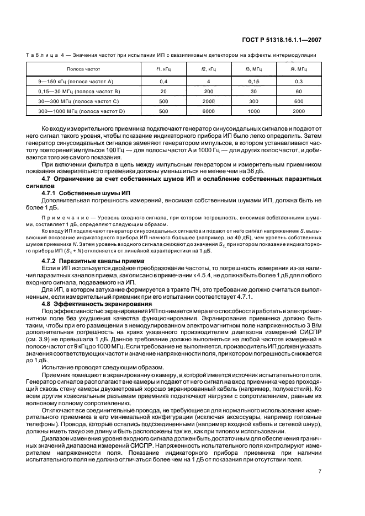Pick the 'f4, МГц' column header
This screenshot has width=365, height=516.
point(298,69)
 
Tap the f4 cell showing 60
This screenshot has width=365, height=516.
point(298,91)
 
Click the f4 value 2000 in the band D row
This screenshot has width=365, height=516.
point(298,110)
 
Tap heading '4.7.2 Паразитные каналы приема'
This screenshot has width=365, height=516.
point(93,260)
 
